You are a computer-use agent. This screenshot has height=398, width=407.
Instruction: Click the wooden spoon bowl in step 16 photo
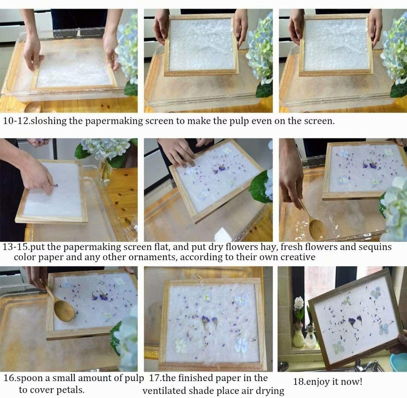(x=64, y=311)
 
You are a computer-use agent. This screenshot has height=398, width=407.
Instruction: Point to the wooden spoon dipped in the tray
(x=316, y=229)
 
